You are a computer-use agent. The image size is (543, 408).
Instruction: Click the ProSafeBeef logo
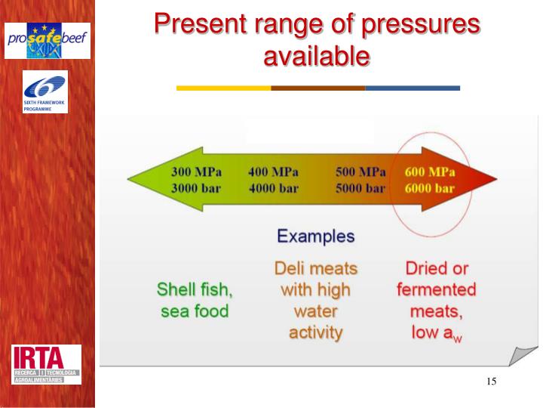[48, 41]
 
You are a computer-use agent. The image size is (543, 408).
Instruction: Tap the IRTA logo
[47, 364]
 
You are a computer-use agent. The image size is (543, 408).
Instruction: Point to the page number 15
[491, 381]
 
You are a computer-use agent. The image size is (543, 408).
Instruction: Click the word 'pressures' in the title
[413, 24]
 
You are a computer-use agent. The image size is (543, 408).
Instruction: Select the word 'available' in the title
[317, 56]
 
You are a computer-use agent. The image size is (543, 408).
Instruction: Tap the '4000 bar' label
[273, 188]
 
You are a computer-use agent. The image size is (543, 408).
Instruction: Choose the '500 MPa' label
[360, 172]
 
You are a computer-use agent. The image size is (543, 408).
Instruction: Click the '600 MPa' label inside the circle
[435, 172]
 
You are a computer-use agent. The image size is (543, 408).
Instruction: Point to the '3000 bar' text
[195, 188]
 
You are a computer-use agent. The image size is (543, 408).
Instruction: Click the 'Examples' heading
[315, 236]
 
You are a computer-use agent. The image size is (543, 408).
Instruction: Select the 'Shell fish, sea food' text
[195, 300]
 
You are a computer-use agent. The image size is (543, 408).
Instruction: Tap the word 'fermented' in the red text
[437, 289]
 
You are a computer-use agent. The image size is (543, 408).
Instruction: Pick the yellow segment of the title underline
[223, 88]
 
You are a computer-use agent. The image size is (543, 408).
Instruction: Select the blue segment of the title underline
[413, 88]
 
